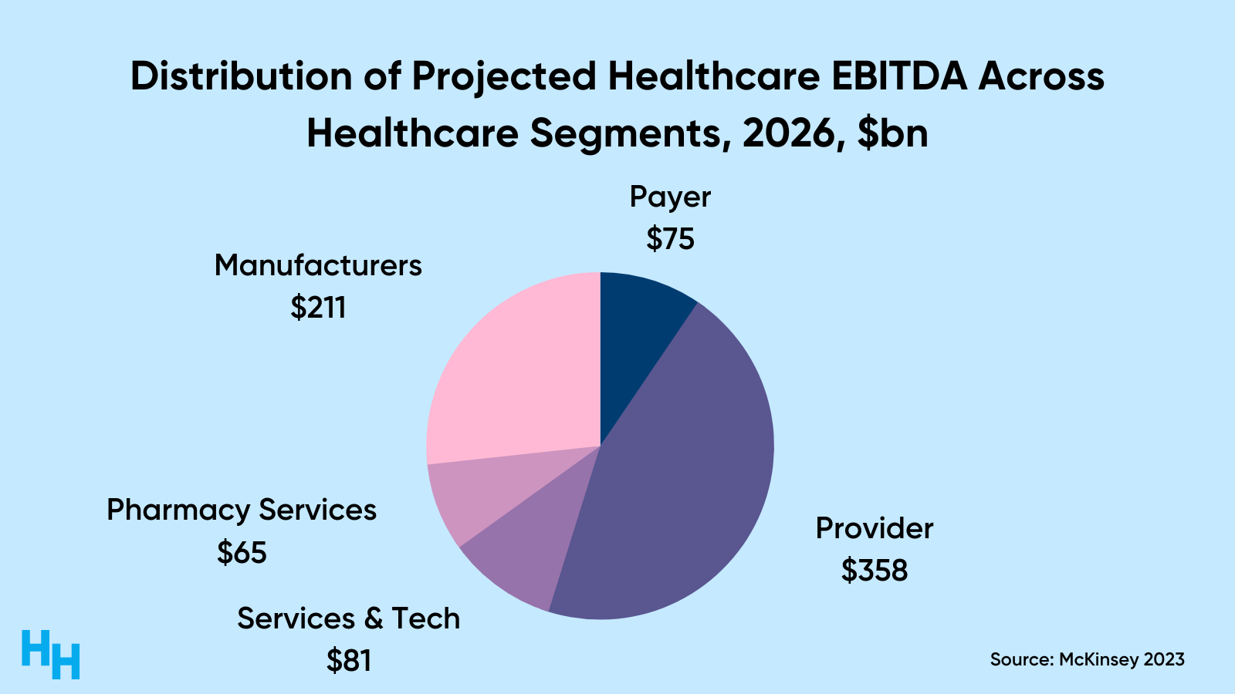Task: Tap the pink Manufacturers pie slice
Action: (517, 370)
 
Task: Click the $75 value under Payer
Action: (670, 239)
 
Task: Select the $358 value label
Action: (875, 571)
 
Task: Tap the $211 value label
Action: (318, 308)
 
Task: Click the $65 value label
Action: (242, 552)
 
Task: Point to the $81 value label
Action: (349, 661)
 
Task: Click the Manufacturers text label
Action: (318, 265)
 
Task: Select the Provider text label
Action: (875, 529)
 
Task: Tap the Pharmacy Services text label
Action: (242, 510)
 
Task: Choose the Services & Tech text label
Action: (349, 618)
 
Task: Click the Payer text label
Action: (670, 197)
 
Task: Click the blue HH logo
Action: (50, 654)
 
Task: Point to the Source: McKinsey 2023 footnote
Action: (1087, 659)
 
